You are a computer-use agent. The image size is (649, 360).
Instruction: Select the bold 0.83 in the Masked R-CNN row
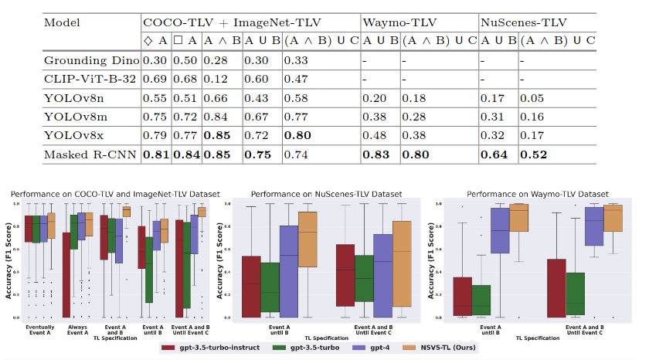tap(378, 155)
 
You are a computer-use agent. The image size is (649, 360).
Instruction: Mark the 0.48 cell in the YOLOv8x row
tap(376, 135)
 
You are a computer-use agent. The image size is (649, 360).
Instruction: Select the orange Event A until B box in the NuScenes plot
tap(308, 239)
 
